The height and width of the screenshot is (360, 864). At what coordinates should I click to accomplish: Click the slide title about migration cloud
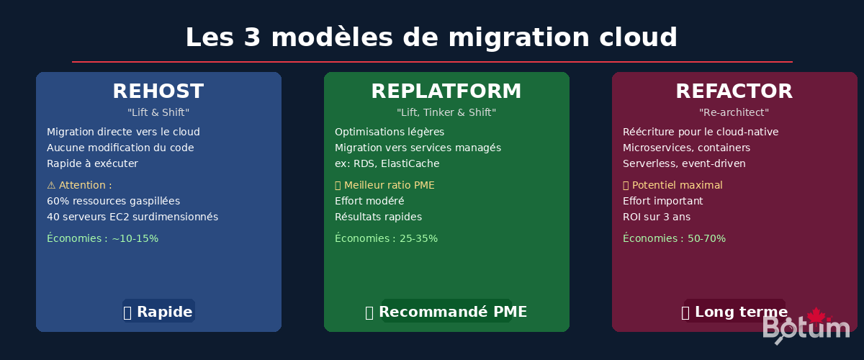(x=431, y=37)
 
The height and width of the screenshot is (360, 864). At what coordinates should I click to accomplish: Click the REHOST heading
(x=158, y=91)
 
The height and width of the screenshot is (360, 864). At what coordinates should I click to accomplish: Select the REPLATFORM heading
(x=446, y=91)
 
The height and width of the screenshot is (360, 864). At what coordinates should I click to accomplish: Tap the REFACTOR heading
(x=734, y=91)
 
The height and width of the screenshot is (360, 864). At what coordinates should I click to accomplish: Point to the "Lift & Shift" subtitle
(x=158, y=112)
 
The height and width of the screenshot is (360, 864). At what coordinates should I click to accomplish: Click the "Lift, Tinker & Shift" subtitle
(x=446, y=112)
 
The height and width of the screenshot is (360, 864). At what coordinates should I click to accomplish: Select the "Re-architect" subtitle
(x=734, y=112)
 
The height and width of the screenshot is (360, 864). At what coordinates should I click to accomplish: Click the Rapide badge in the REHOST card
(x=158, y=311)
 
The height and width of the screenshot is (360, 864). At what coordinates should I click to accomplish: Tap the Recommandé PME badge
(x=446, y=311)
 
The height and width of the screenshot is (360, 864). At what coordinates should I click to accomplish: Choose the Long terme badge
(x=734, y=311)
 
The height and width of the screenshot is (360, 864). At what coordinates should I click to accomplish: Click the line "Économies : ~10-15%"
(x=103, y=238)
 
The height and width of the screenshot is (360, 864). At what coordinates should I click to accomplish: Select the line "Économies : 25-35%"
(x=387, y=238)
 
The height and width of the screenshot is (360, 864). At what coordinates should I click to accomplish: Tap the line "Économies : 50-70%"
(x=675, y=238)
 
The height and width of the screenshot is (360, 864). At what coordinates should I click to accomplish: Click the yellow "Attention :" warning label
(x=80, y=185)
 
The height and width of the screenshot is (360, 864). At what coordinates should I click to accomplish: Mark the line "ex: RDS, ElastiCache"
(x=387, y=163)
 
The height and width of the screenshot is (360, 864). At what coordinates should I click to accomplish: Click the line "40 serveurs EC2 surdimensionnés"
(x=132, y=217)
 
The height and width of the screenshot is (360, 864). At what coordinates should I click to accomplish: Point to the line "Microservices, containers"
(x=687, y=148)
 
